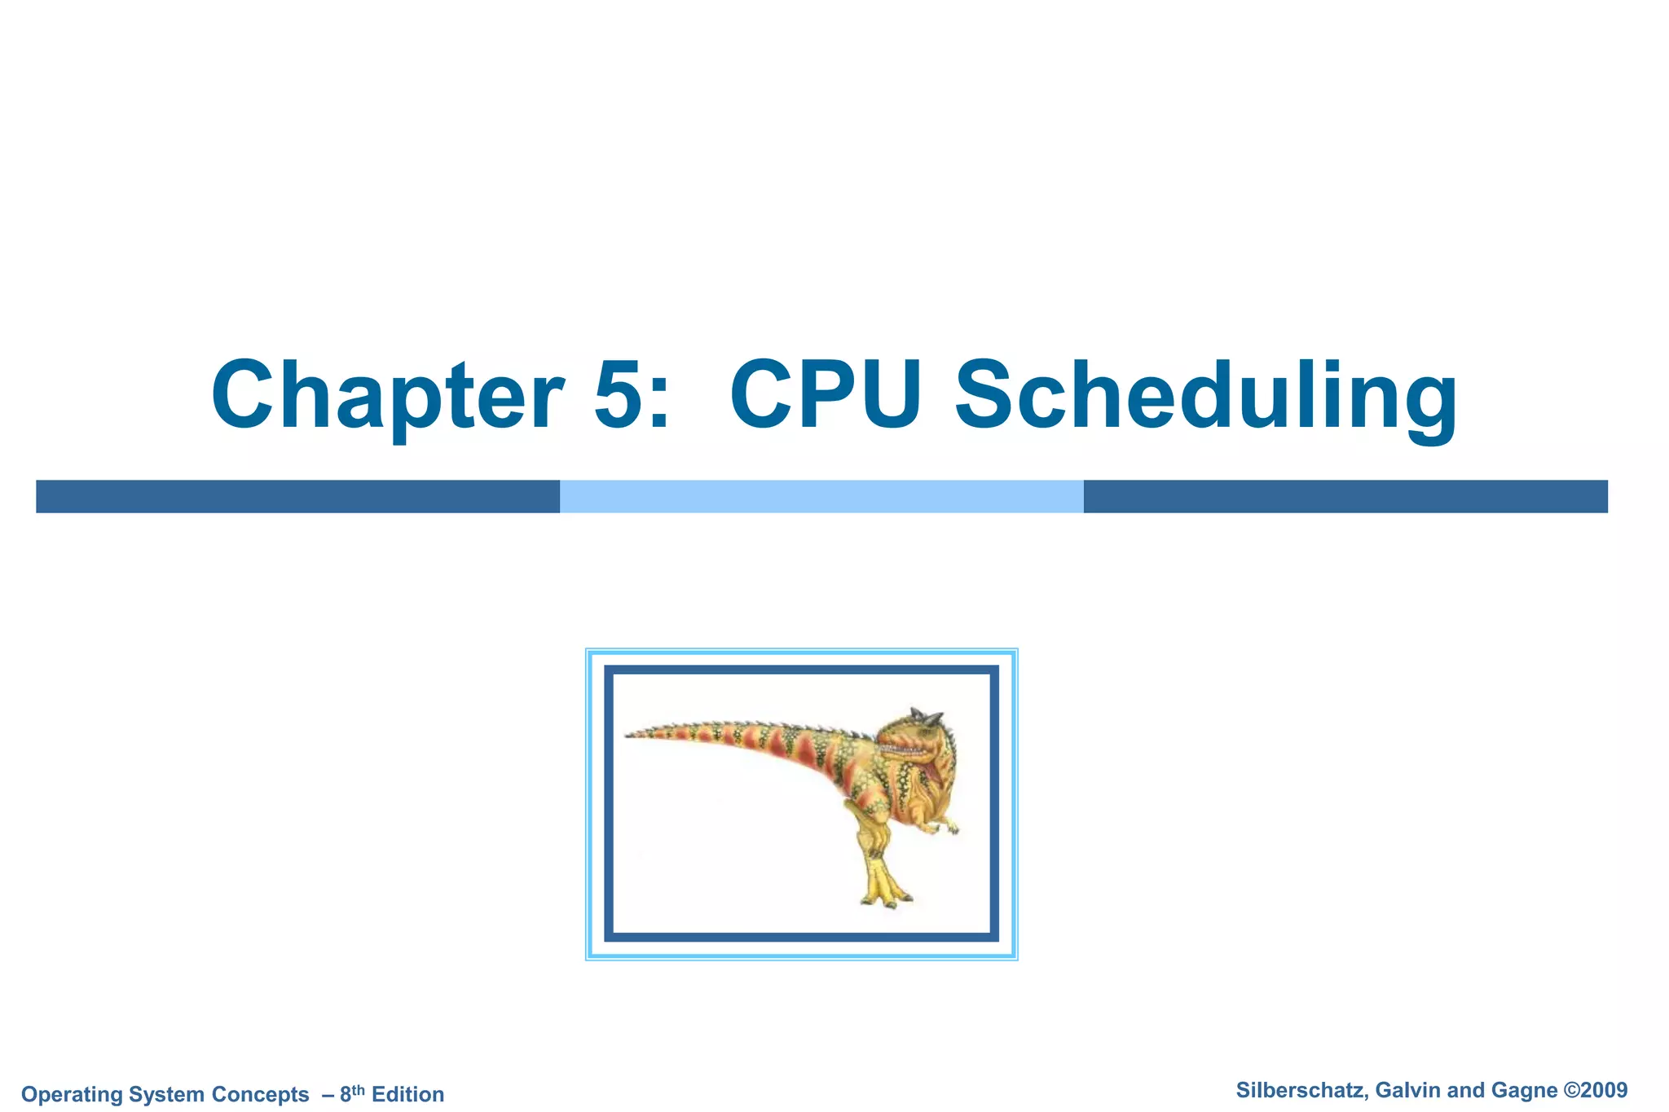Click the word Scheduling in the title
[x=1206, y=397]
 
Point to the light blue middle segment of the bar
[x=821, y=496]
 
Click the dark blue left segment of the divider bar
[x=297, y=496]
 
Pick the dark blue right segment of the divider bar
[x=1345, y=496]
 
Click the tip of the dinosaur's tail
[x=630, y=735]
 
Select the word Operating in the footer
[x=72, y=1094]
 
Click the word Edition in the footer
[x=407, y=1094]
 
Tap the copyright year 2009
[x=1605, y=1090]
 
